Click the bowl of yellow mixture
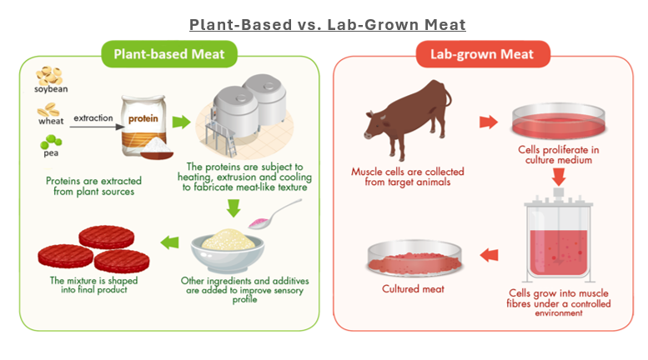[227, 247]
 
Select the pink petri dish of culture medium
[551, 122]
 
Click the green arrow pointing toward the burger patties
[169, 243]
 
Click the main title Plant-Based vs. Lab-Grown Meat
[326, 24]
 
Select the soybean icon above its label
[49, 73]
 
